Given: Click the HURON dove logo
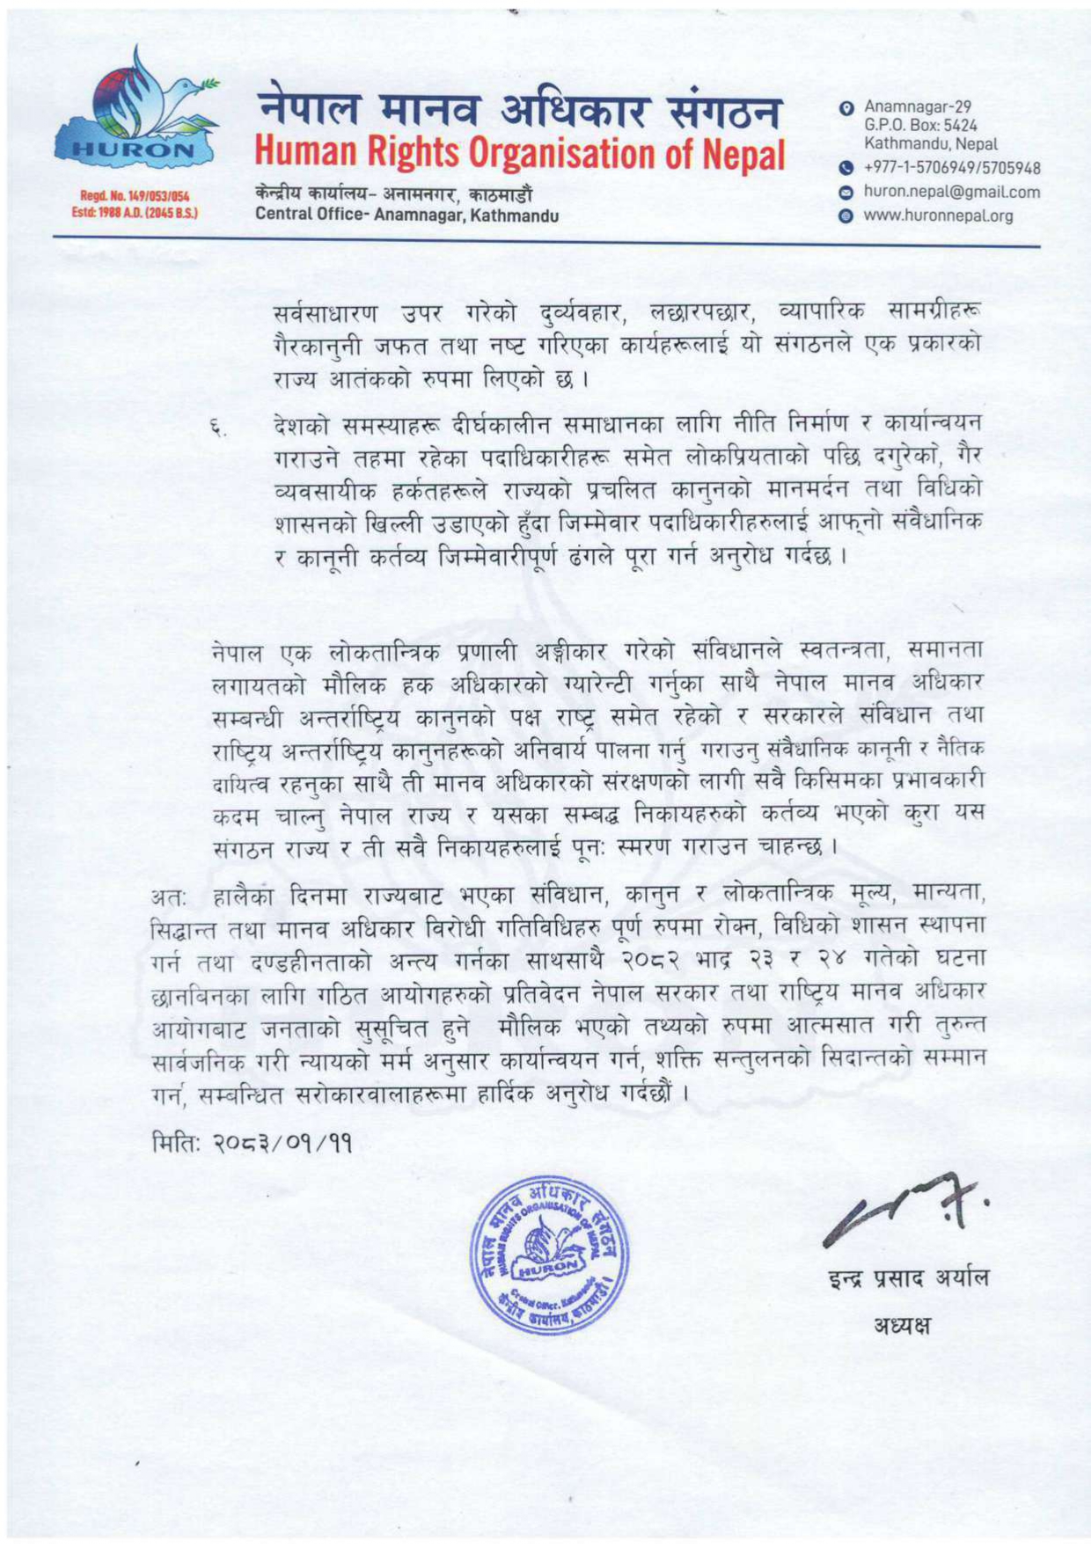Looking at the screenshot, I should [x=137, y=114].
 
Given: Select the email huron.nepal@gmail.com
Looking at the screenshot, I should [x=951, y=192].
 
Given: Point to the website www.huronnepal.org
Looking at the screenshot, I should [x=938, y=216].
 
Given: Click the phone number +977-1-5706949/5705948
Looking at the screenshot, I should [x=952, y=168].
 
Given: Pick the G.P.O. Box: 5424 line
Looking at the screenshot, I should [x=920, y=125].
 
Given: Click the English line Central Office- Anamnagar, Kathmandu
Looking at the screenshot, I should [x=407, y=215].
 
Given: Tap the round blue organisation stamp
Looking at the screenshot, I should [x=550, y=1255].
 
